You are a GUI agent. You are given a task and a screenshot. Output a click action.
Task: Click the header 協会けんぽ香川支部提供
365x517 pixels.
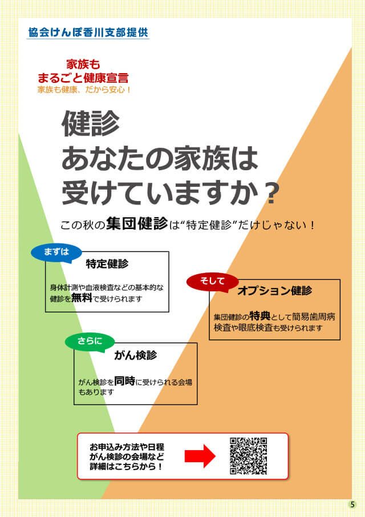[x=88, y=33]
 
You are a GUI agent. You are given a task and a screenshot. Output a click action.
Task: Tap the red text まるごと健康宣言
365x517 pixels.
[x=83, y=78]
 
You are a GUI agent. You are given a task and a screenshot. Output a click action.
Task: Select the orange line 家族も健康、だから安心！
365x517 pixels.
[x=84, y=90]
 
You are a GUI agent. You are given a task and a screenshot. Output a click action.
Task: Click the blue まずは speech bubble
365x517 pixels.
[x=56, y=253]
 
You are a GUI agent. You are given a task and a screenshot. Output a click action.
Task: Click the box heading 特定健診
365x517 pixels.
[x=107, y=264]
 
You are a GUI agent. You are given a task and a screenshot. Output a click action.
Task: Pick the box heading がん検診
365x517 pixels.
[x=135, y=355]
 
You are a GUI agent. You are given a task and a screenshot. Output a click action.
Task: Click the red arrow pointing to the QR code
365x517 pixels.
[x=199, y=456]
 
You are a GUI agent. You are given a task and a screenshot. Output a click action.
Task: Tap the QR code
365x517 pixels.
[x=248, y=456]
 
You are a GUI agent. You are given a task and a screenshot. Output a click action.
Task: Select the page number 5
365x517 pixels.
[x=352, y=504]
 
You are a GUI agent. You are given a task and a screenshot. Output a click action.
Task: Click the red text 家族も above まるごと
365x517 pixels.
[x=83, y=65]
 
